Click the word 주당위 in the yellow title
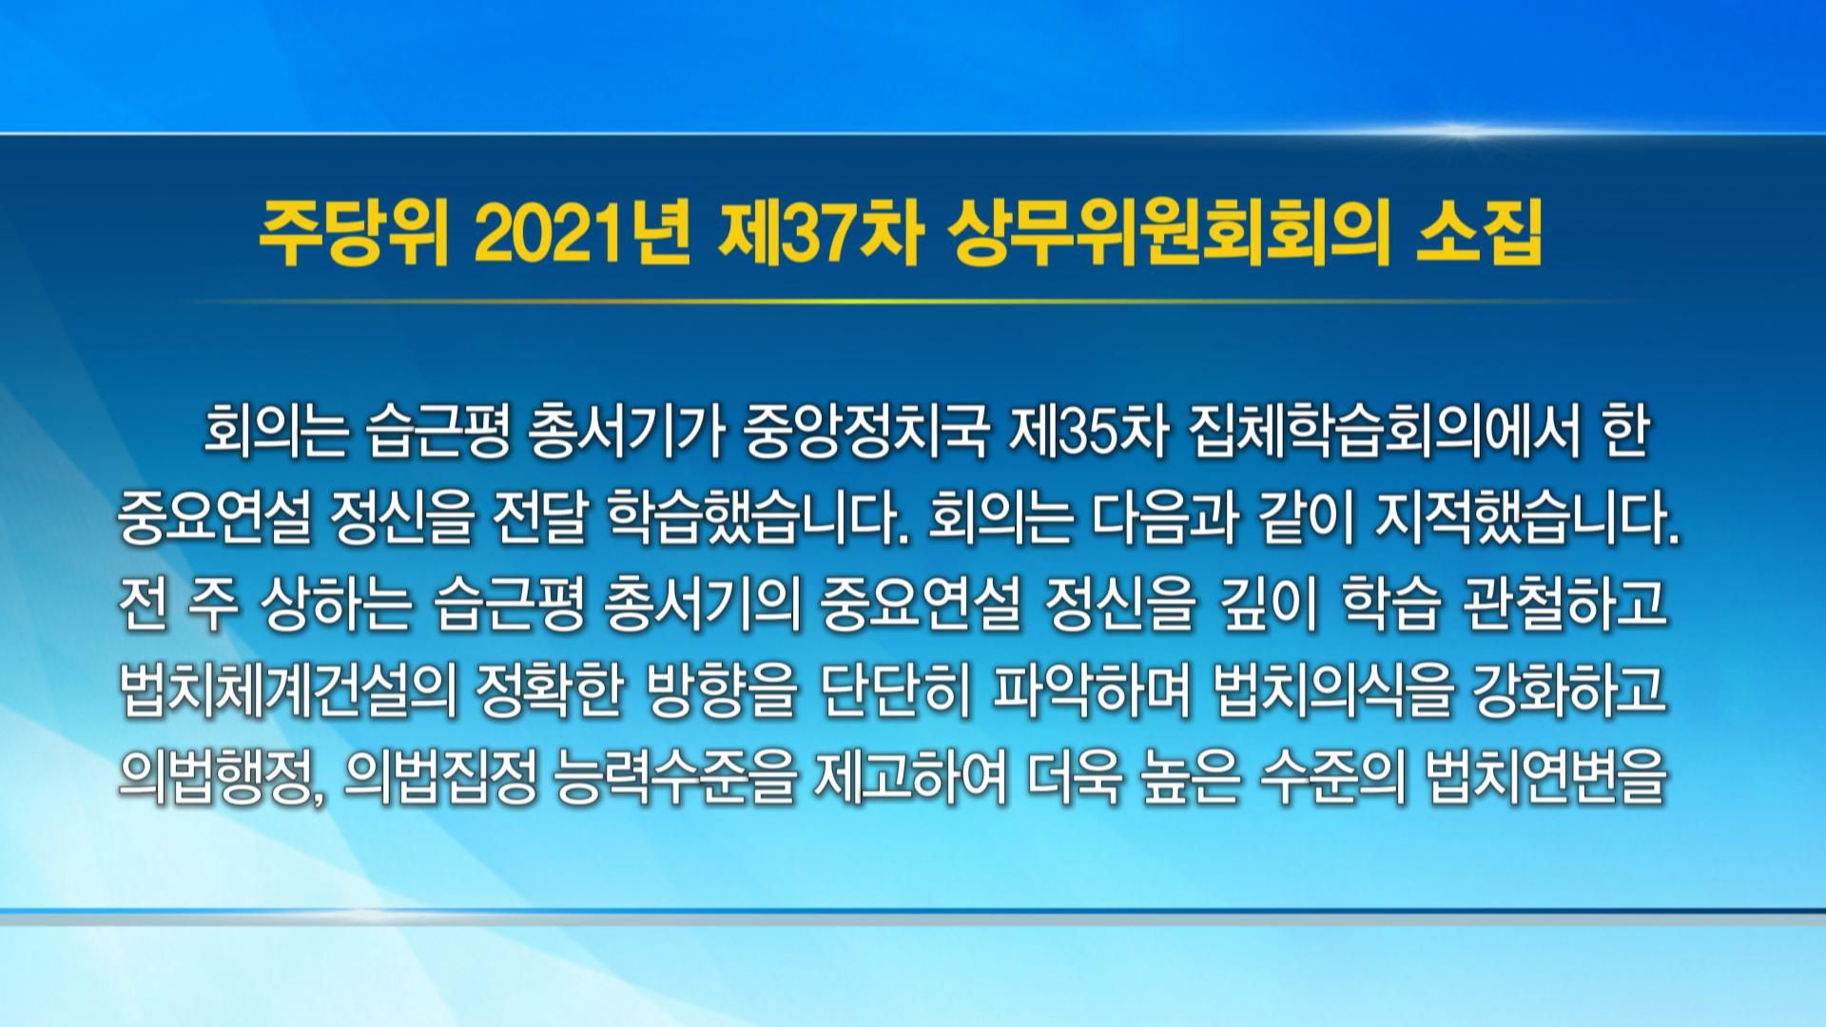(354, 243)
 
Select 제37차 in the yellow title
(819, 243)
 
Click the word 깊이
(1265, 606)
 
